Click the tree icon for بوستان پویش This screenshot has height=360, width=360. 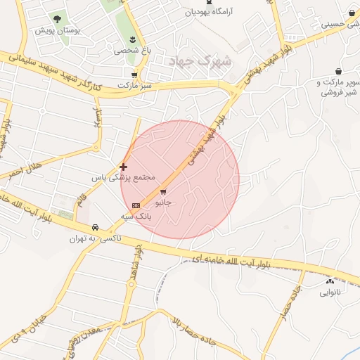pos(57,20)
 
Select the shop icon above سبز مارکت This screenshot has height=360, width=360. pos(134,75)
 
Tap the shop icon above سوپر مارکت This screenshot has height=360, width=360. pos(340,71)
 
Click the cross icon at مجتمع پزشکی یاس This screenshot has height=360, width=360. pos(124,167)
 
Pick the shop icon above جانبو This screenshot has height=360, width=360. pos(164,191)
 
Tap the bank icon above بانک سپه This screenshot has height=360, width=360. pos(136,205)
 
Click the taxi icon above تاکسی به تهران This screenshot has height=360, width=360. pos(94,229)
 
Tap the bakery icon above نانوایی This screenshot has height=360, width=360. pos(330,281)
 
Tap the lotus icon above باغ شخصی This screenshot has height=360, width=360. pos(133,37)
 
